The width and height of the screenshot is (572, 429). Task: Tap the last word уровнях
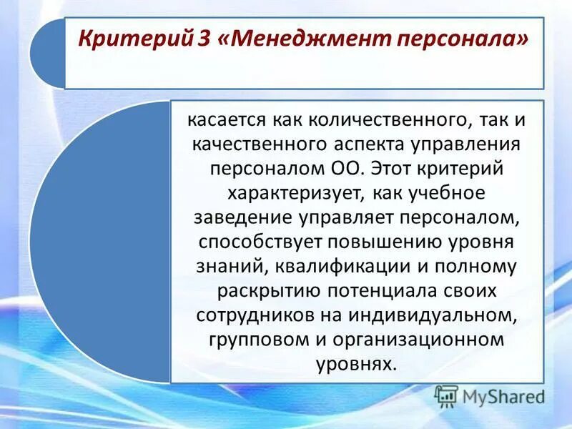(x=355, y=364)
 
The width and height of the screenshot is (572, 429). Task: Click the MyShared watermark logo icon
(x=446, y=395)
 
